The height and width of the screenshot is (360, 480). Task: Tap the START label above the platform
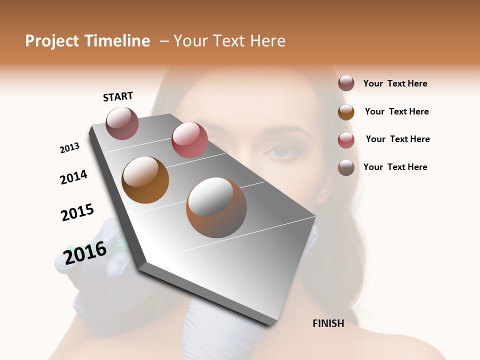coord(118,96)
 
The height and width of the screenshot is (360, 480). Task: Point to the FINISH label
coord(328,323)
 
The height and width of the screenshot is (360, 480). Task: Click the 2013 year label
coord(69,148)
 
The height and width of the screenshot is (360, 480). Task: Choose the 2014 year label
coord(73,177)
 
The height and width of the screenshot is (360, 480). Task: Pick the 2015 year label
coord(77,212)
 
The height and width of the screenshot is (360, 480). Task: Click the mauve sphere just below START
coord(122,123)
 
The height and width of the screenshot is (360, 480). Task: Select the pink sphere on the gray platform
coord(189,139)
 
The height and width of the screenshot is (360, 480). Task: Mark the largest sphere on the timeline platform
coord(216,207)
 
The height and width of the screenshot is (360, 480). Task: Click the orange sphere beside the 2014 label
coord(145,180)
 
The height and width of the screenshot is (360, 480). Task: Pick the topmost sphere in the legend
coord(346,83)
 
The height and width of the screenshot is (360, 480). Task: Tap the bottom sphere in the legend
coord(346,167)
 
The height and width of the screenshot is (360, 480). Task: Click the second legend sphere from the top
coord(346,112)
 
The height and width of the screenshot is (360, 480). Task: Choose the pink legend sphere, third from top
coord(346,140)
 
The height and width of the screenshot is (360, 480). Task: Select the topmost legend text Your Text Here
coord(395,83)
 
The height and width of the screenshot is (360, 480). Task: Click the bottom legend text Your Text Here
coord(395,167)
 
